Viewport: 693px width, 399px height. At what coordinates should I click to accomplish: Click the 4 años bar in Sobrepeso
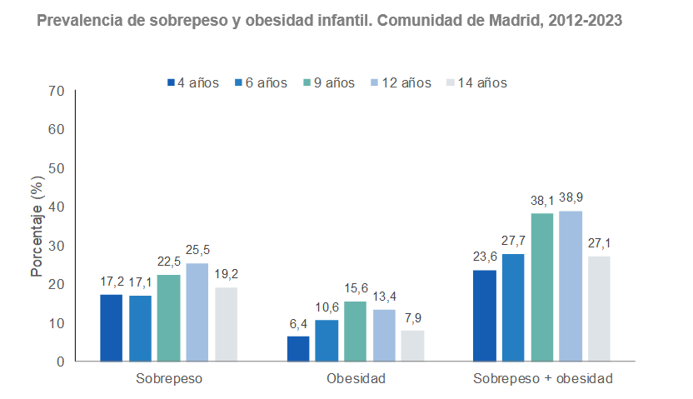[111, 328]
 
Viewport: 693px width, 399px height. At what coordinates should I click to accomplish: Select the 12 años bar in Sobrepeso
[197, 312]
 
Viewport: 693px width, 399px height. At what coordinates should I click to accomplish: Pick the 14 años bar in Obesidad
[412, 346]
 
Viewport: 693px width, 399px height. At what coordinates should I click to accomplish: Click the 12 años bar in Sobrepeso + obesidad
[571, 287]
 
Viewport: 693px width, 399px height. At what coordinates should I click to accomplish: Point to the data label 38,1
[542, 201]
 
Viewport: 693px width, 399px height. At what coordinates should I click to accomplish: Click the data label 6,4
[298, 323]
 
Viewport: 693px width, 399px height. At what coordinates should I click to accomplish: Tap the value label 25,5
[197, 250]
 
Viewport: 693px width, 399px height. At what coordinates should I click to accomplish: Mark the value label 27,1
[599, 243]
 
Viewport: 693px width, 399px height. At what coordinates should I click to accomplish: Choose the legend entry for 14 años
[476, 82]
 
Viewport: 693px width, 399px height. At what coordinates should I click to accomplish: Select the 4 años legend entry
[193, 82]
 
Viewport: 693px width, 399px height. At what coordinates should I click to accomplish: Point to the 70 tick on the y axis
[57, 91]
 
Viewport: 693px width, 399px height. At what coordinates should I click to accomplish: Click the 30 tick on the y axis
[57, 246]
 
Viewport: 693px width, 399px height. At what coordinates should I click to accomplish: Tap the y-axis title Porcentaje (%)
[37, 226]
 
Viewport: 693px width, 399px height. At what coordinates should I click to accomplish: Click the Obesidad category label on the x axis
[356, 379]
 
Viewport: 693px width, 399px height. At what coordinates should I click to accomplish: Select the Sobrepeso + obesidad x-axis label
[542, 379]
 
